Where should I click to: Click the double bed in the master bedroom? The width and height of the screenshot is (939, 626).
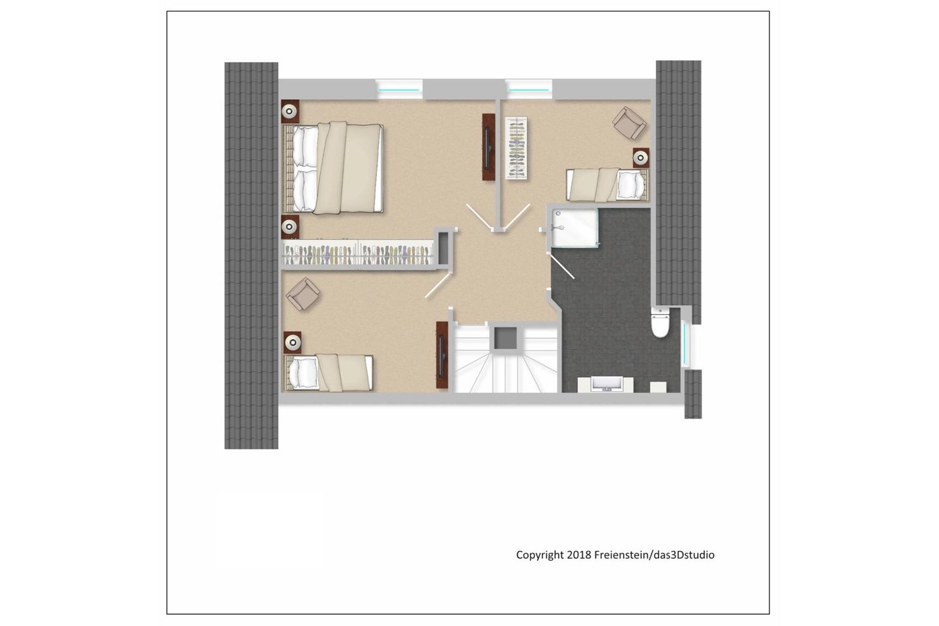pos(333,168)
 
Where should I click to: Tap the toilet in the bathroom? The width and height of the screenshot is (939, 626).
pos(660,322)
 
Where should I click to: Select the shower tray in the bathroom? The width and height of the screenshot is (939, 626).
pos(574,228)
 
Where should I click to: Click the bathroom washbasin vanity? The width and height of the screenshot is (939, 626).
pos(606,385)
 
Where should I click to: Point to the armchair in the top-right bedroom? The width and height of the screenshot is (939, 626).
pos(629,123)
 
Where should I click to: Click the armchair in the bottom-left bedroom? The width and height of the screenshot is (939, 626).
pos(303,294)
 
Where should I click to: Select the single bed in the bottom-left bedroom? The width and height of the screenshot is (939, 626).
pos(328,373)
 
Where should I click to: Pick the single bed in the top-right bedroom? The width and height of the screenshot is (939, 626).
pos(608,185)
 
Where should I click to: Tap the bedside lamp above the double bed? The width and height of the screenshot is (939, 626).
pos(290,112)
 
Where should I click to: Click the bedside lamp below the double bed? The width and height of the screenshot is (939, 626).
pos(290,227)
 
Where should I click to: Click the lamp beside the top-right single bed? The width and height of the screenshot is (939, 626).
pos(640,158)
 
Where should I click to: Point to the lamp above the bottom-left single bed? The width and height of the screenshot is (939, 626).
pos(293,342)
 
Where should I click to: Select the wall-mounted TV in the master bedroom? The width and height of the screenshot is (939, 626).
pos(488,147)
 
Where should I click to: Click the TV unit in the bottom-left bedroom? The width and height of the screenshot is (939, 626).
pos(442,355)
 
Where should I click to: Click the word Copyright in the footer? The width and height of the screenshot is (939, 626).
pos(540,555)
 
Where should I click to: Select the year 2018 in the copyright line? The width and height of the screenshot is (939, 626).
pos(579,555)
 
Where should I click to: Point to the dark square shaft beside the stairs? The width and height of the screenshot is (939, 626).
pos(505,338)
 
